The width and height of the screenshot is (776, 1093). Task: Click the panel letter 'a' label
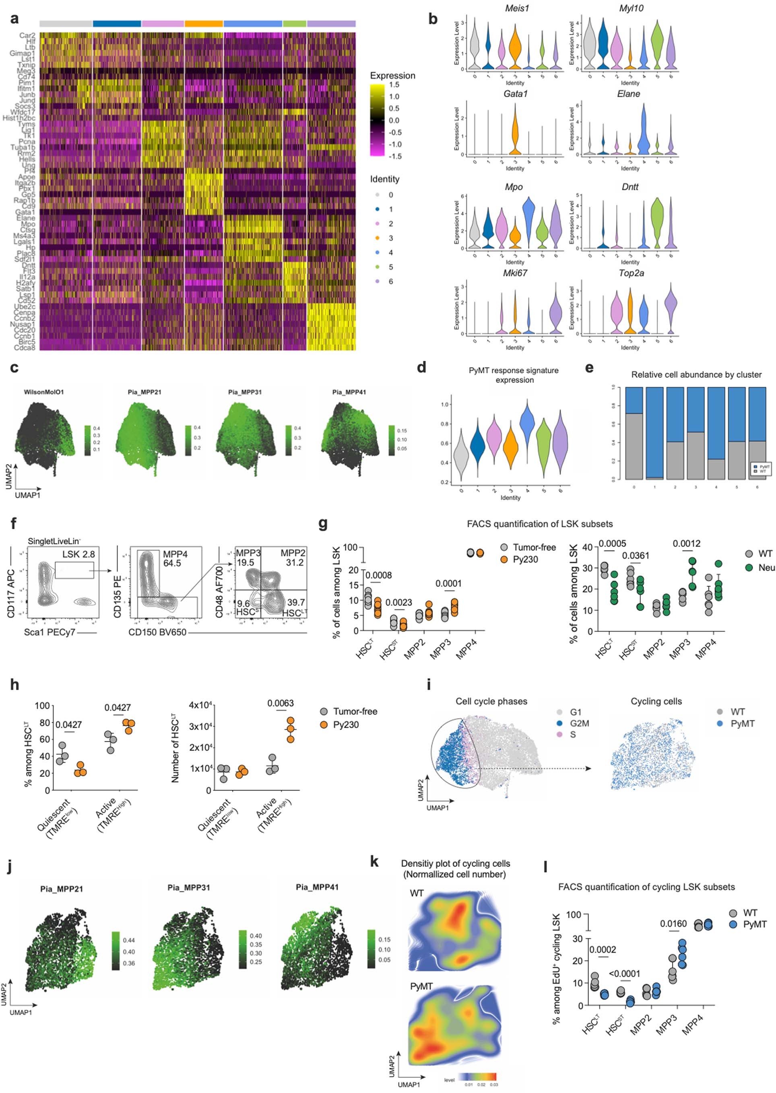point(14,19)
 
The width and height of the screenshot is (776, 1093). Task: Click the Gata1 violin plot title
point(515,94)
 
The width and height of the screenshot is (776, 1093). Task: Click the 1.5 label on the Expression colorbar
point(394,85)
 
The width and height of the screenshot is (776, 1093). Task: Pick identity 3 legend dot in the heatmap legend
point(378,238)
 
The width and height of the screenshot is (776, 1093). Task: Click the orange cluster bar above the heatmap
point(204,23)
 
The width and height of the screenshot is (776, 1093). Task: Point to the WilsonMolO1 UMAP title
point(44,392)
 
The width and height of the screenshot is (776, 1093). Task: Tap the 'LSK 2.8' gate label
point(78,554)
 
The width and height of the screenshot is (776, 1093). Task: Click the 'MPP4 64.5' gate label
point(175,559)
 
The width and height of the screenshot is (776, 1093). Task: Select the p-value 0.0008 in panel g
point(379,575)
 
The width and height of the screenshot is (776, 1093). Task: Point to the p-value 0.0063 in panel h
point(281,703)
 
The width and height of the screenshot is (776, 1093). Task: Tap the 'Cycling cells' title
point(656,702)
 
